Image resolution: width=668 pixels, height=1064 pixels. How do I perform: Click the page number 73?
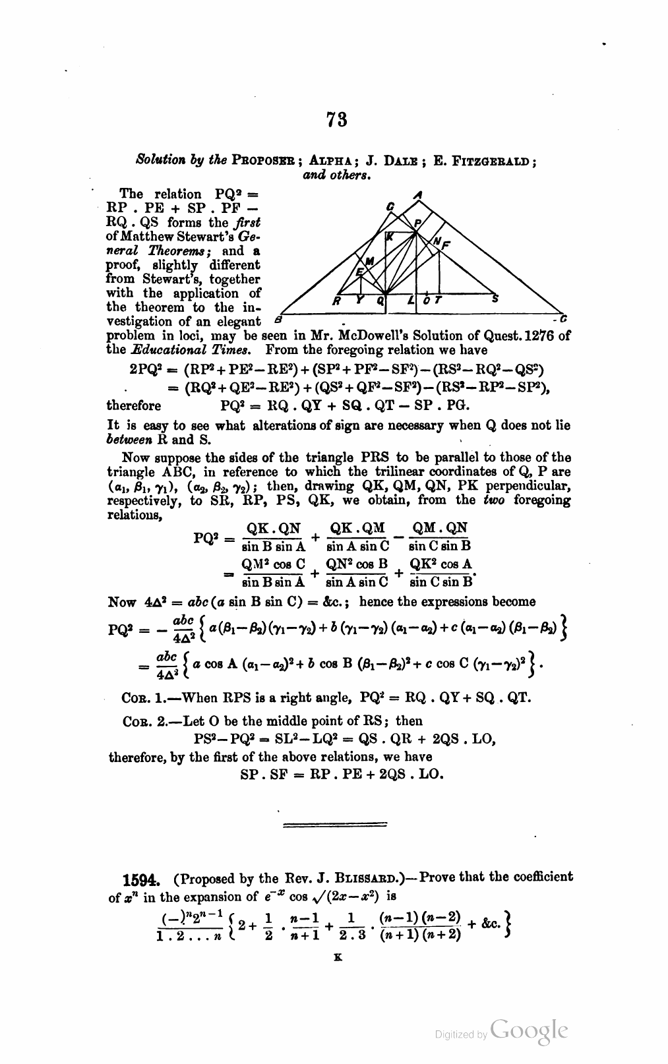[336, 119]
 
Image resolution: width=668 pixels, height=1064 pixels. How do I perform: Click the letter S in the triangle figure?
[495, 298]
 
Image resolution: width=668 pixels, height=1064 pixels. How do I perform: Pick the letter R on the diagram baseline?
[336, 301]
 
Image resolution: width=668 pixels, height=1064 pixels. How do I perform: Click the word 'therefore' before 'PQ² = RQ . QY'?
[133, 405]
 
